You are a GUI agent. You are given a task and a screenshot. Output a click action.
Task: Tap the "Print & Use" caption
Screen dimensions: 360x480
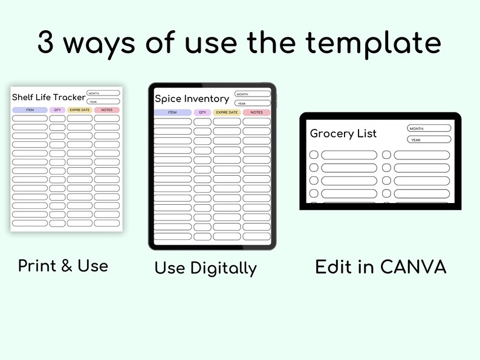click(x=63, y=265)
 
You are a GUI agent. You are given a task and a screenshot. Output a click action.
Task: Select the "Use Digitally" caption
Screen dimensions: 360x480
click(x=206, y=268)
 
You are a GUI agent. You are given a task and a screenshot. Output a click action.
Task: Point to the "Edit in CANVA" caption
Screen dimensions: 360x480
click(x=380, y=267)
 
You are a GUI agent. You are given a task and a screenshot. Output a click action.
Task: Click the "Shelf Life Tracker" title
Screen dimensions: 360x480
click(x=48, y=97)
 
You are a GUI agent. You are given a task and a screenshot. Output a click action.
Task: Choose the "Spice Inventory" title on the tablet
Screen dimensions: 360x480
click(x=192, y=98)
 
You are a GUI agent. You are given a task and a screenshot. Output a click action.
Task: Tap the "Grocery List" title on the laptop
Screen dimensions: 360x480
click(x=343, y=133)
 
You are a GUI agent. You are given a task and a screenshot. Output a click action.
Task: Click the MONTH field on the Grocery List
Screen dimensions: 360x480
click(x=429, y=128)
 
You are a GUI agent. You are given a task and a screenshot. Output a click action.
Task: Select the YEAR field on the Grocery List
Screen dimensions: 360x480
click(x=429, y=140)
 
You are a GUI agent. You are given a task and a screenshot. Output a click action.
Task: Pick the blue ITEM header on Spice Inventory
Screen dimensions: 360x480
click(x=172, y=112)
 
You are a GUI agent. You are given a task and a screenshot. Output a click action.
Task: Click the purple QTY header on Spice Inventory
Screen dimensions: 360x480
click(x=203, y=112)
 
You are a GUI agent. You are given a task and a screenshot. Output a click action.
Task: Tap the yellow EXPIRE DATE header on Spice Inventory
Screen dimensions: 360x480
click(x=227, y=112)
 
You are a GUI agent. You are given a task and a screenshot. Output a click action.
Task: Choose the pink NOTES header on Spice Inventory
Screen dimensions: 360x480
click(x=256, y=112)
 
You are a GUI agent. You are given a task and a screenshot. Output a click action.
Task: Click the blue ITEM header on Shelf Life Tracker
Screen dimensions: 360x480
click(x=30, y=110)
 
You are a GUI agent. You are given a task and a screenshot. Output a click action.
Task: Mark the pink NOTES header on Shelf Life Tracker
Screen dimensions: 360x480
click(x=107, y=110)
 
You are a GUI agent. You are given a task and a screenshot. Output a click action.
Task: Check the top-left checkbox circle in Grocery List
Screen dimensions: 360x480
click(x=314, y=155)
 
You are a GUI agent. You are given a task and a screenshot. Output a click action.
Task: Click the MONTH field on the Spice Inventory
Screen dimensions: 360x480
click(x=252, y=94)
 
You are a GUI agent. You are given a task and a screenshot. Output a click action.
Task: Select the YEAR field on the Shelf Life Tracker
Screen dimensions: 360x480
click(x=103, y=101)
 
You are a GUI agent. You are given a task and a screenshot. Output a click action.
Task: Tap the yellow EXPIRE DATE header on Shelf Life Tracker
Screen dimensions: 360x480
click(x=80, y=110)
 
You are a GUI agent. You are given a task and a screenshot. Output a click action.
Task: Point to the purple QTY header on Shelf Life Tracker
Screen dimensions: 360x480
click(x=57, y=110)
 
